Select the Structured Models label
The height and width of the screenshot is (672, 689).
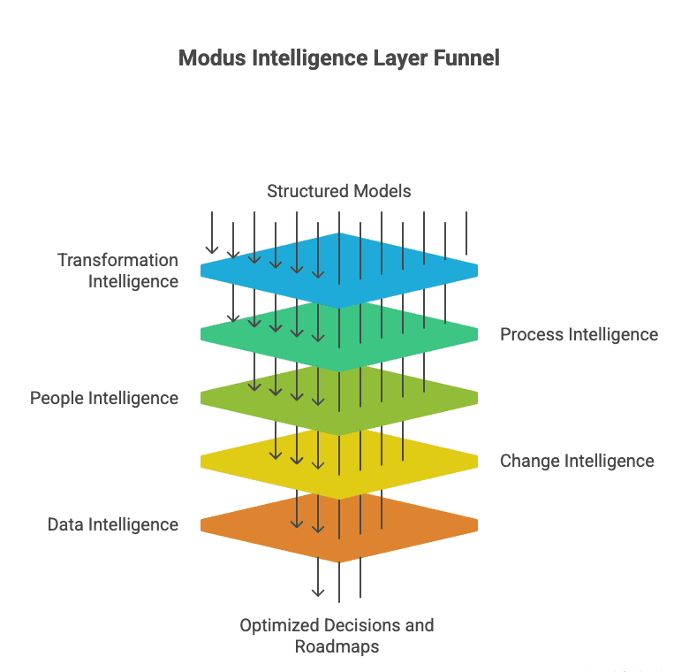click(x=339, y=191)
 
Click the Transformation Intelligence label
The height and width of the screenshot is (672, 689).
click(x=118, y=271)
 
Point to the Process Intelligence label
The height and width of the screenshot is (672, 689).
click(x=579, y=334)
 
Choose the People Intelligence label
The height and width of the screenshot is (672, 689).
click(x=104, y=398)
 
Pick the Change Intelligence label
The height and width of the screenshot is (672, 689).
click(x=577, y=461)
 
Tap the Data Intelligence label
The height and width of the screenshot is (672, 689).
click(x=113, y=524)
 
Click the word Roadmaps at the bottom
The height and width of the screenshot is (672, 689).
click(x=337, y=646)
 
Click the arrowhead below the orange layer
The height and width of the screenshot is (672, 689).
click(x=318, y=592)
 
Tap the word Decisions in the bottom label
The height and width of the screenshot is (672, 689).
click(x=354, y=625)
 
